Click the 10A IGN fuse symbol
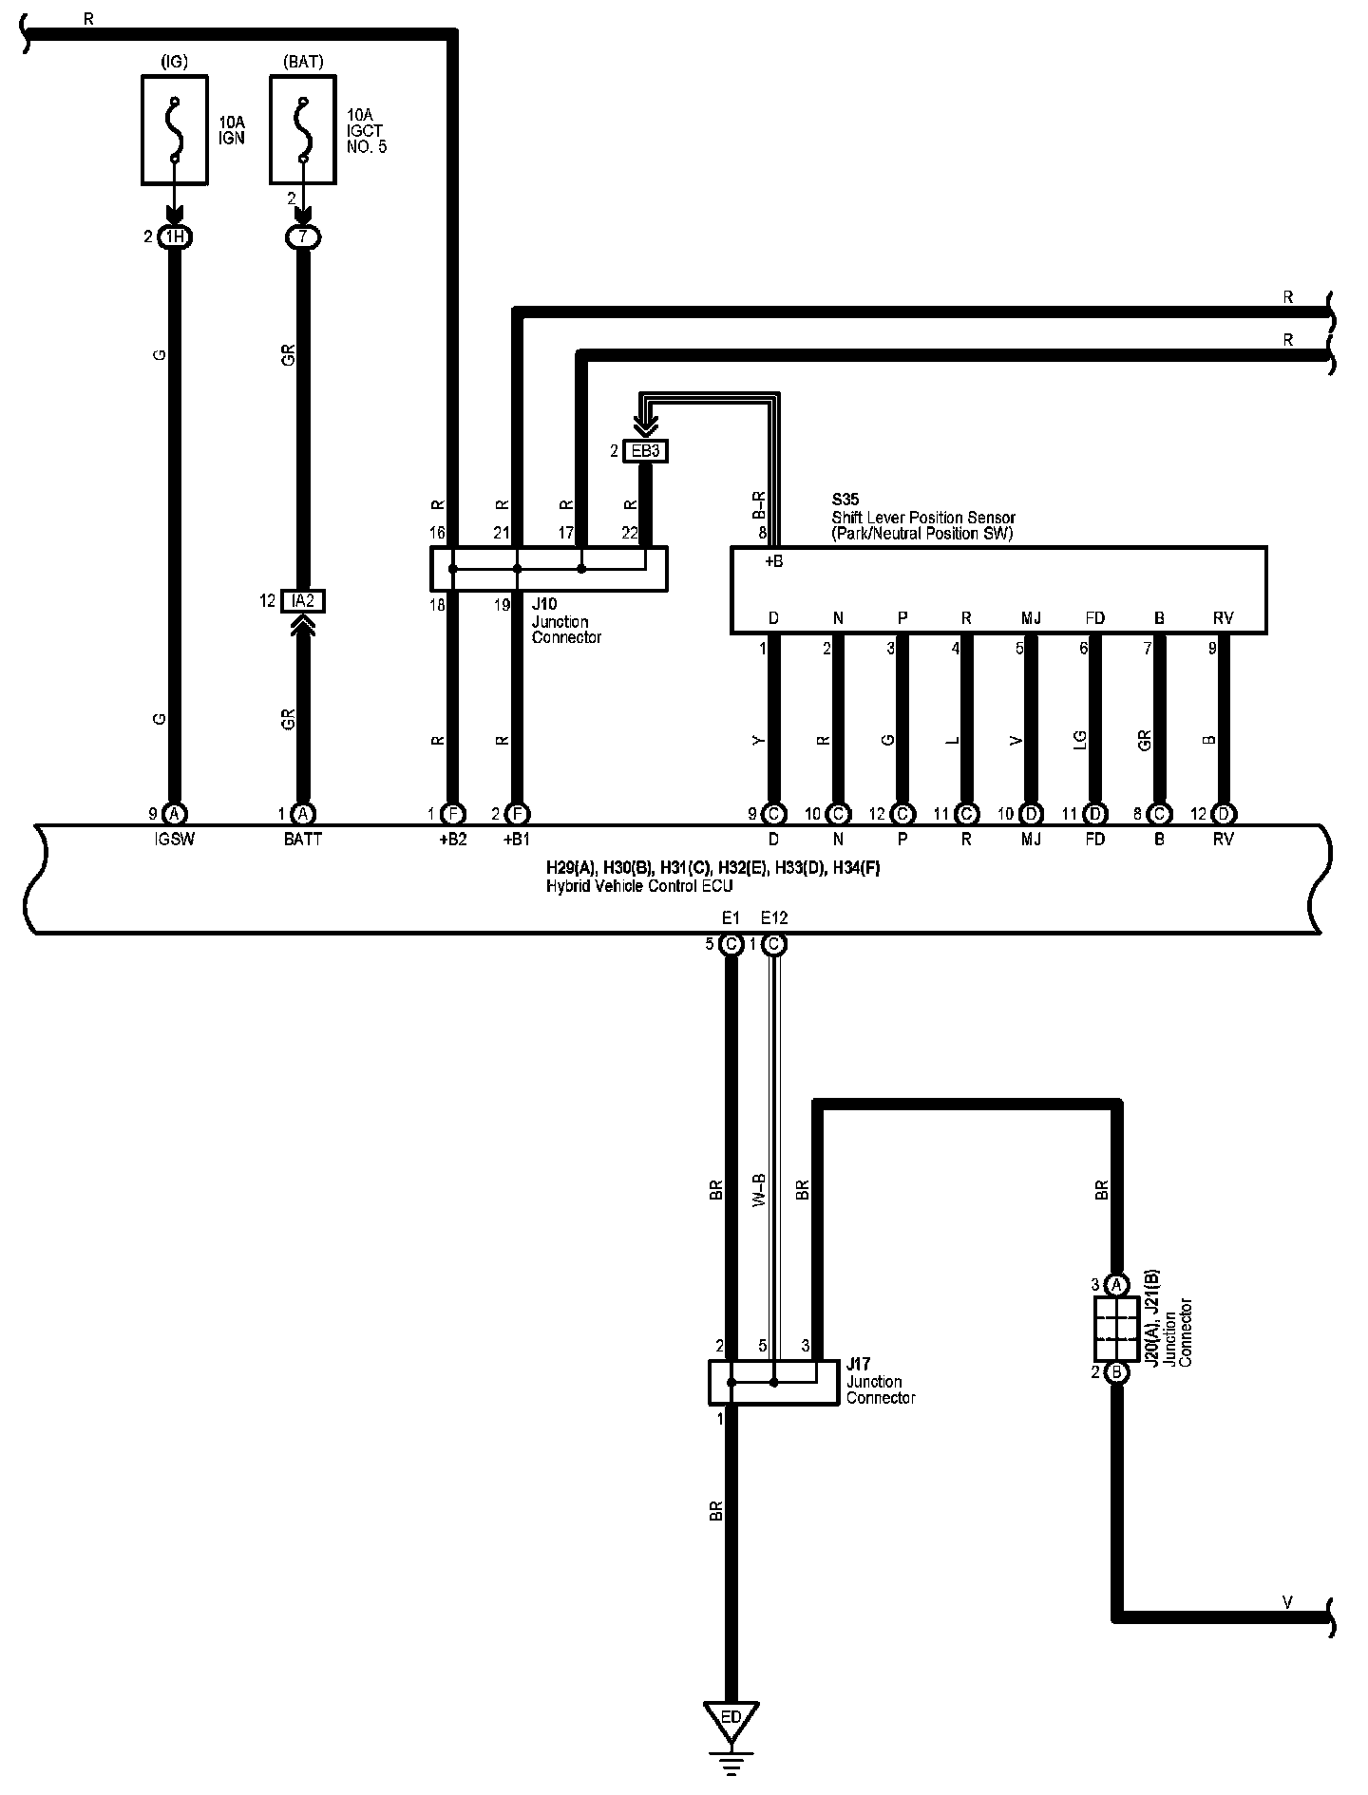[174, 130]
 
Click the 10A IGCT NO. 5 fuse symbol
[302, 130]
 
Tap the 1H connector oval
[174, 236]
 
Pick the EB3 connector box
[645, 451]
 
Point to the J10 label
[544, 604]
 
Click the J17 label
[859, 1365]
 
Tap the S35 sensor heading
[844, 500]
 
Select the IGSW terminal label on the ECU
[174, 840]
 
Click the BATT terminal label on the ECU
[302, 840]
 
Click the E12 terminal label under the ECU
[774, 917]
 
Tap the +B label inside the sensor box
[773, 561]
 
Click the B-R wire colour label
[759, 506]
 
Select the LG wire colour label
[1080, 740]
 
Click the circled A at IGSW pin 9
[174, 814]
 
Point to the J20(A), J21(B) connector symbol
[1118, 1328]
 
